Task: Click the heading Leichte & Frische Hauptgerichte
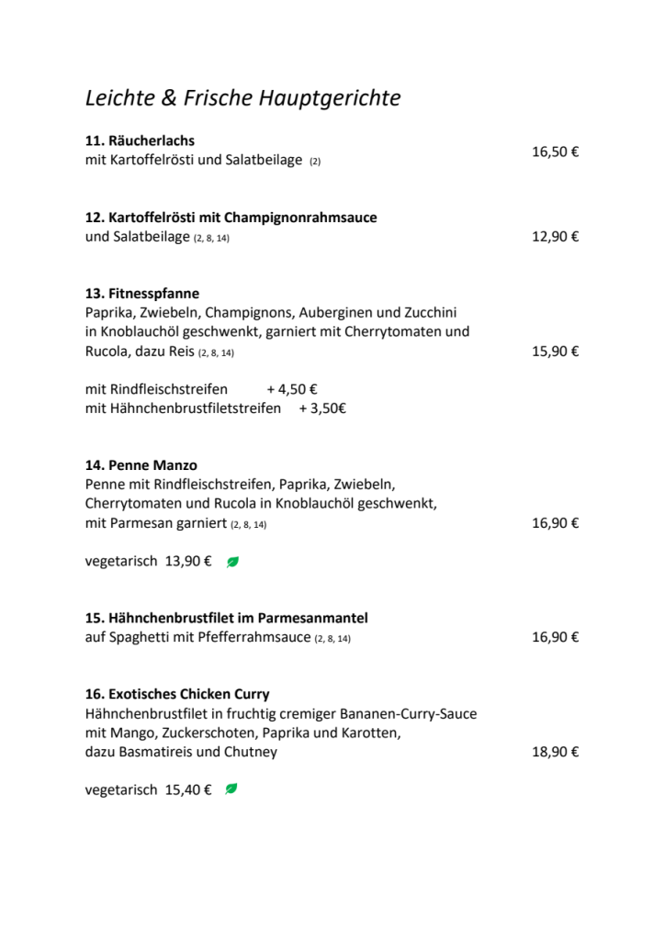(242, 98)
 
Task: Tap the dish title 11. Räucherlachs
(140, 141)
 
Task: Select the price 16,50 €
(555, 151)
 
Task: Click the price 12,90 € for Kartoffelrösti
(555, 237)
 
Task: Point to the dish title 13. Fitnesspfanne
(142, 294)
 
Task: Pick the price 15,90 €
(555, 351)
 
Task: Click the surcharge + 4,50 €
(292, 389)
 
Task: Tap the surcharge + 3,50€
(322, 408)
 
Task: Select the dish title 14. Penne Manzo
(141, 465)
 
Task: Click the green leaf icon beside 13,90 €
(232, 562)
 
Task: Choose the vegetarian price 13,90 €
(188, 562)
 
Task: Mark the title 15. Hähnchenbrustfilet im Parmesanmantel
(227, 618)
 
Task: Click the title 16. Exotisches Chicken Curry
(177, 694)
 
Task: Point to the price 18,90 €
(555, 752)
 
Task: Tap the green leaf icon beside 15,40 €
(231, 789)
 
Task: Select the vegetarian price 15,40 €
(188, 789)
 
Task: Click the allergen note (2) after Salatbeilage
(315, 162)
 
